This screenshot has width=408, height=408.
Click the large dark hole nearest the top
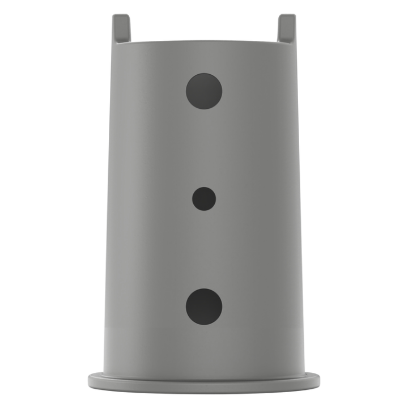click(204, 91)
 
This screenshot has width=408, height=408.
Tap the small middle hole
click(204, 199)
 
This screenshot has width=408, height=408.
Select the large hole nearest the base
click(204, 307)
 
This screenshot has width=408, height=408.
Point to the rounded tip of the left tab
click(121, 17)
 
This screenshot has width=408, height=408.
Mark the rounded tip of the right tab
click(287, 17)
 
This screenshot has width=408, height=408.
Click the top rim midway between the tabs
click(204, 42)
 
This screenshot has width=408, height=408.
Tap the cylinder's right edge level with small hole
click(301, 199)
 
